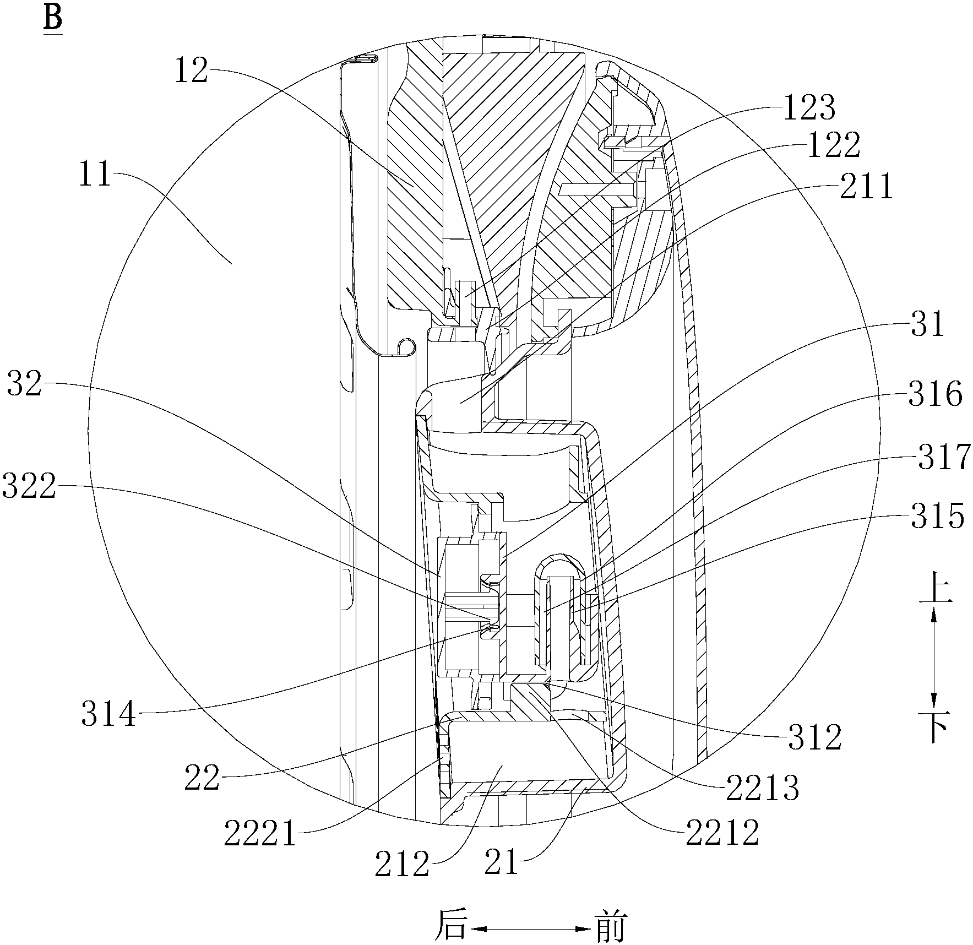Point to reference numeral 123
point(809,108)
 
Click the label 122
point(834,146)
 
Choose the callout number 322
point(29,486)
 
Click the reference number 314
point(108,715)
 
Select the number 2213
point(762,789)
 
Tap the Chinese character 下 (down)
point(934,728)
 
